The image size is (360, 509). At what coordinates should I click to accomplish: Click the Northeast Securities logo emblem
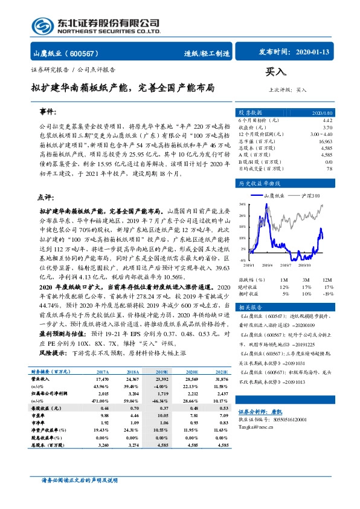click(x=43, y=26)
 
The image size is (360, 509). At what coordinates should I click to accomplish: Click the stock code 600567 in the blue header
click(x=90, y=54)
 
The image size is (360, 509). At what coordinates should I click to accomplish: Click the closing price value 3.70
click(x=327, y=128)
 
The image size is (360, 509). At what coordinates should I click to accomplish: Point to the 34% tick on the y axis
click(x=242, y=204)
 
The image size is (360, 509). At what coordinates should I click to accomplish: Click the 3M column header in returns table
click(x=306, y=280)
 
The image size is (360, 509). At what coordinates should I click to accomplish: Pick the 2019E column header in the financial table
click(x=161, y=373)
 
